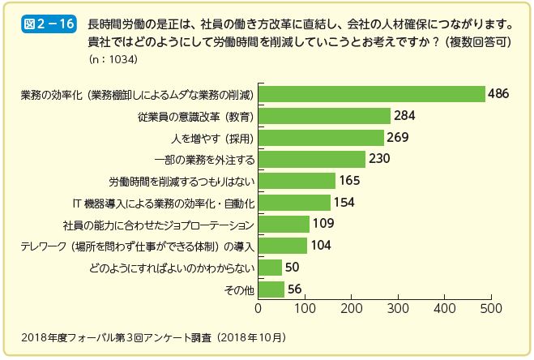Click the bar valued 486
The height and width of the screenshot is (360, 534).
[x=371, y=94]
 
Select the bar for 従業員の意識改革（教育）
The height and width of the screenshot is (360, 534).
[x=324, y=116]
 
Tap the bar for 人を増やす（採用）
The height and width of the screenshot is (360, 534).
[x=321, y=138]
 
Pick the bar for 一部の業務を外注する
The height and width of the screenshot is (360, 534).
[x=312, y=159]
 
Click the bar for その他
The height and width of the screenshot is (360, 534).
[x=271, y=289]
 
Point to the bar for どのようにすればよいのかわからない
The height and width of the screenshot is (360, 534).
[x=270, y=268]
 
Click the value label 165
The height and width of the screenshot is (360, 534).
[x=351, y=181]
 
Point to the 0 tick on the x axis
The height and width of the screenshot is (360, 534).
[x=258, y=309]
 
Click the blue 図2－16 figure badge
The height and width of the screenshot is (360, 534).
[x=49, y=24]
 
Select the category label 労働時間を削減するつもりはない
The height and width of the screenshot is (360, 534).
[x=182, y=181]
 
